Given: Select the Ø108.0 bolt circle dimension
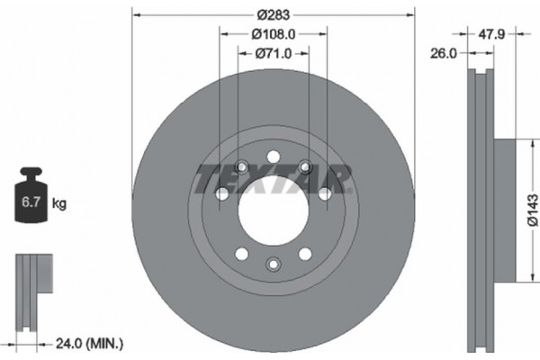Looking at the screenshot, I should pyautogui.click(x=274, y=34).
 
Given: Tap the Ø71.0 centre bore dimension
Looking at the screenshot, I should pyautogui.click(x=274, y=53).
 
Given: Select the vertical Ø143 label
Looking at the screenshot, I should pyautogui.click(x=533, y=212).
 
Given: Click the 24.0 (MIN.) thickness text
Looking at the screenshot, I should pyautogui.click(x=90, y=343).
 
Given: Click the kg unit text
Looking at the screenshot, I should pyautogui.click(x=59, y=204).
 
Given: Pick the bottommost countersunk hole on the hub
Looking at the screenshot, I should pyautogui.click(x=274, y=263).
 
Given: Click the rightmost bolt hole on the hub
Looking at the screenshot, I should pyautogui.click(x=324, y=193).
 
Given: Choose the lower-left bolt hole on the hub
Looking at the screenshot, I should pyautogui.click(x=242, y=253).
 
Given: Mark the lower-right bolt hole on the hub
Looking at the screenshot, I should pyautogui.click(x=305, y=253).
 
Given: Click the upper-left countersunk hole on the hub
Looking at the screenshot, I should pyautogui.click(x=241, y=166).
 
